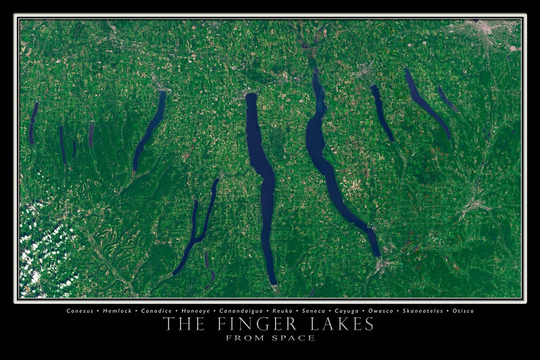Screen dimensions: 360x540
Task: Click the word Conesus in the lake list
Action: [x=80, y=311]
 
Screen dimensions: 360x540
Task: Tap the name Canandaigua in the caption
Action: [x=242, y=311]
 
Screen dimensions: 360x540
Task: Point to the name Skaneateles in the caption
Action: [x=423, y=311]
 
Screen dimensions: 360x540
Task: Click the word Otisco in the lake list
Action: [x=463, y=311]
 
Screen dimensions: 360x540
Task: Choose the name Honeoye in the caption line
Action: [x=195, y=311]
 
